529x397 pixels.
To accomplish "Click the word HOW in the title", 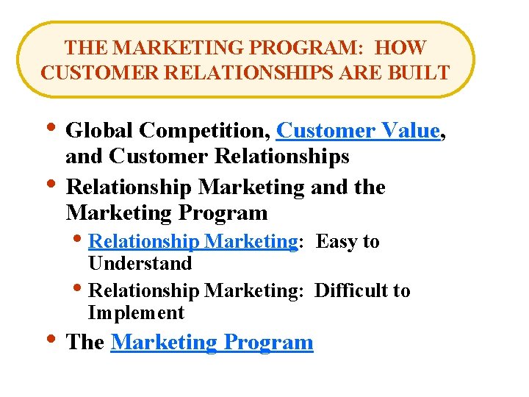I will [x=400, y=48].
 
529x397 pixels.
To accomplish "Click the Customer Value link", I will [x=358, y=131].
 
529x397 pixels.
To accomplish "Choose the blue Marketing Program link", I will [x=212, y=343].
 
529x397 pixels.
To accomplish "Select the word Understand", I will [x=140, y=263].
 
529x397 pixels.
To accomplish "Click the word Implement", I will [x=136, y=312].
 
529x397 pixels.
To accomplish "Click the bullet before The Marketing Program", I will [x=48, y=340].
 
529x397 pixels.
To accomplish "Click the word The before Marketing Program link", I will [x=84, y=343].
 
